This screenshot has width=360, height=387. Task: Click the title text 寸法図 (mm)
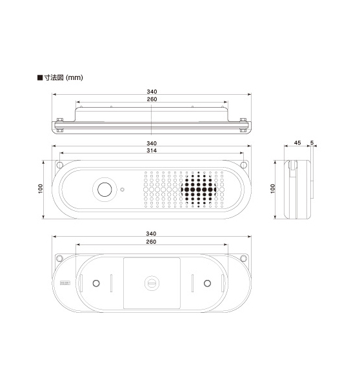(x=63, y=77)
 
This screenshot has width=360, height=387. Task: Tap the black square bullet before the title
(x=40, y=77)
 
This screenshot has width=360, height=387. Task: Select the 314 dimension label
(x=152, y=150)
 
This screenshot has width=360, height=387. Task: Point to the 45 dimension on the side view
(x=297, y=143)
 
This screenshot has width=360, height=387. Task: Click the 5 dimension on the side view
(x=312, y=143)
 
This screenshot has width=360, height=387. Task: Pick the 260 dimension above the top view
(x=152, y=99)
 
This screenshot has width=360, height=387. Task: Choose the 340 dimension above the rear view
(x=151, y=233)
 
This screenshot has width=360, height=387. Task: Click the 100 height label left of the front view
(x=41, y=189)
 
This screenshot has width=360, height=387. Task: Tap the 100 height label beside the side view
(x=273, y=189)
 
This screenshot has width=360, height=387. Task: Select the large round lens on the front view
(x=105, y=190)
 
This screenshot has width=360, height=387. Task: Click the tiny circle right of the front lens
(x=122, y=190)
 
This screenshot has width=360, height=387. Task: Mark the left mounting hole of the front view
(x=59, y=164)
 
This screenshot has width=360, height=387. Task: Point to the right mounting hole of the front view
(x=243, y=164)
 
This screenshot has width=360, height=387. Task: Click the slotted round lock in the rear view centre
(x=152, y=283)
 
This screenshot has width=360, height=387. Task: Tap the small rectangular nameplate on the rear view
(x=65, y=283)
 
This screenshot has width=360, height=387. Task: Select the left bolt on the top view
(x=60, y=125)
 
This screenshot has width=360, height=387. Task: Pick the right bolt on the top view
(x=243, y=125)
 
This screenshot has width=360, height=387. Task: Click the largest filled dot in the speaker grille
(x=199, y=190)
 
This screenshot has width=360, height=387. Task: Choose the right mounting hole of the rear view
(x=243, y=259)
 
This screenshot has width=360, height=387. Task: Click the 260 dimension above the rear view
(x=151, y=242)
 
